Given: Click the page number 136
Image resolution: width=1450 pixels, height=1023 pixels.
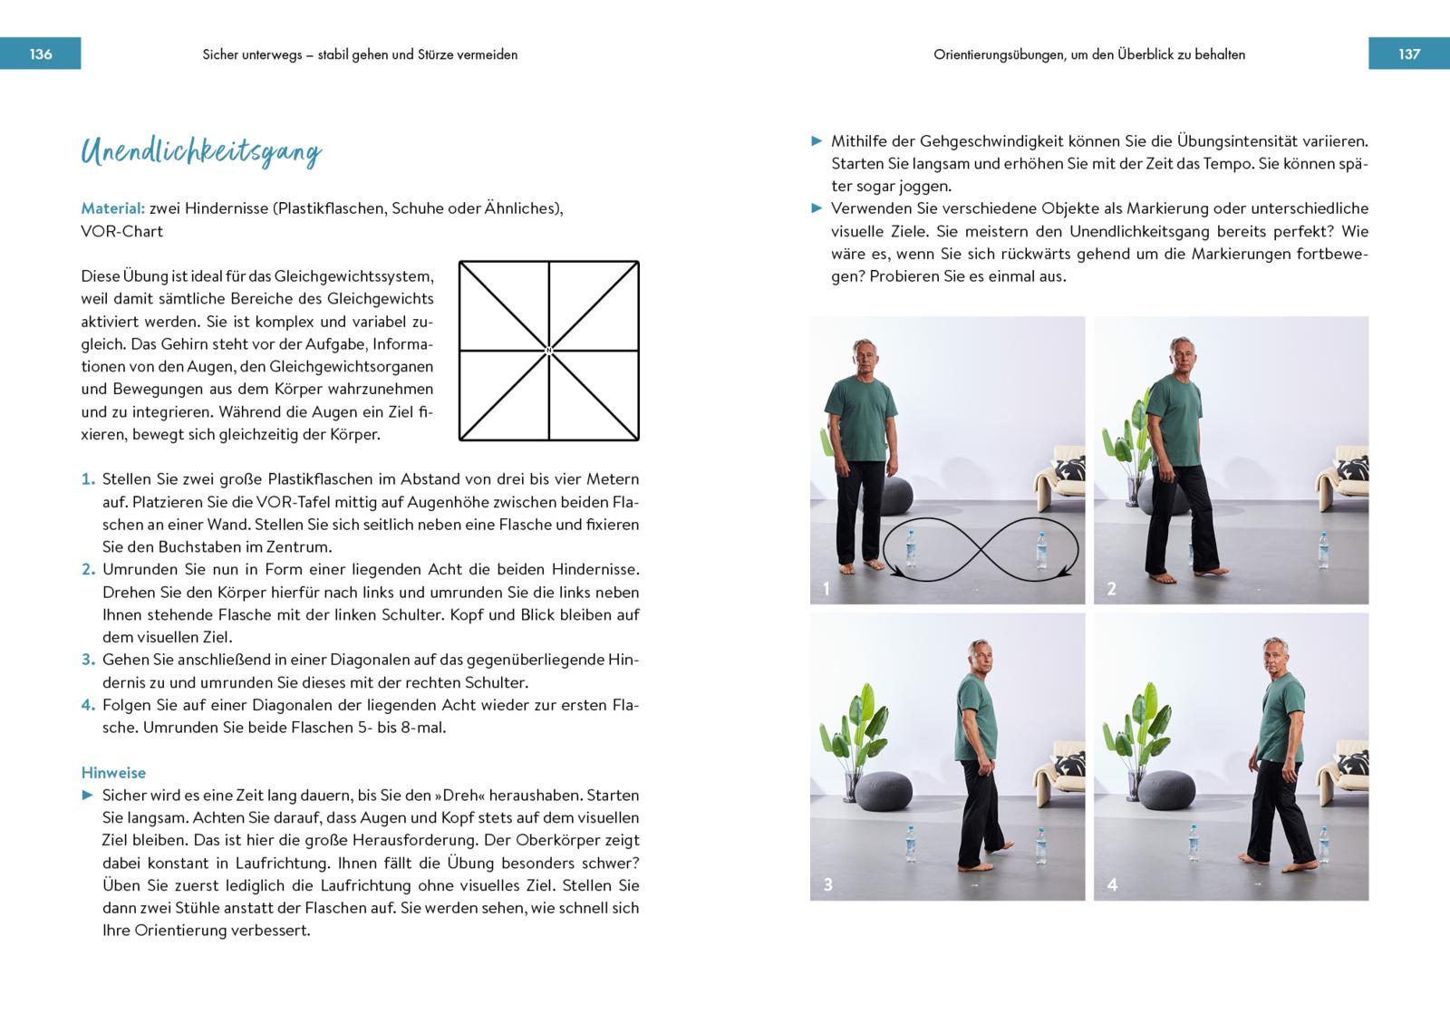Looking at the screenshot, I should pos(41,54).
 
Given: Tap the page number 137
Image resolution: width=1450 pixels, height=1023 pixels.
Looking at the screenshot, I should pos(1409,54).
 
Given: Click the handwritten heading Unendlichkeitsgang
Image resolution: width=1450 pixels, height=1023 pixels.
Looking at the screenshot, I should pos(201,152).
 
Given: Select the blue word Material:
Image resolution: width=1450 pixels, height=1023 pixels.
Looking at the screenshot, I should pos(112,208).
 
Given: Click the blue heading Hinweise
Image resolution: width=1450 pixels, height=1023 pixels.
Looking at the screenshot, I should pos(113,773).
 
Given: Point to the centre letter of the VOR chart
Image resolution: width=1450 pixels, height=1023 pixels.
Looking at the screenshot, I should pos(549,351).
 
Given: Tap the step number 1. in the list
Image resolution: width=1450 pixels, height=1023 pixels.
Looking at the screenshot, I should pos(88,479).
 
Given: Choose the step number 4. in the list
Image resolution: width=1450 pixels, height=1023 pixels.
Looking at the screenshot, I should pos(88,705).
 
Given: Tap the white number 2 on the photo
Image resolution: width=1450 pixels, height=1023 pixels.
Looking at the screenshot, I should pos(1112,589).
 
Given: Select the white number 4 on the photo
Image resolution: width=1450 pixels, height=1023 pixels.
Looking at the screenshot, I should pos(1112,885).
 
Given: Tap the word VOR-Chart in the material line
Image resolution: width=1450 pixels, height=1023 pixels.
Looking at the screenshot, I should pos(121,231).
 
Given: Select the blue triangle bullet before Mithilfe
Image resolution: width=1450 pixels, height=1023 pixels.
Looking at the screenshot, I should pos(817,141).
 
